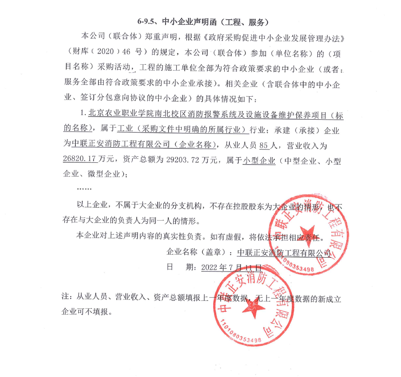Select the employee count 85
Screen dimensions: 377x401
(x=263, y=145)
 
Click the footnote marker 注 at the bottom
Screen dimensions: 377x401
(x=65, y=297)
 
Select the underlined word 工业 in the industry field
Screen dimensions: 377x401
(x=124, y=131)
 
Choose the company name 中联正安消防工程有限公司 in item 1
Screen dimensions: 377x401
(x=119, y=145)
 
